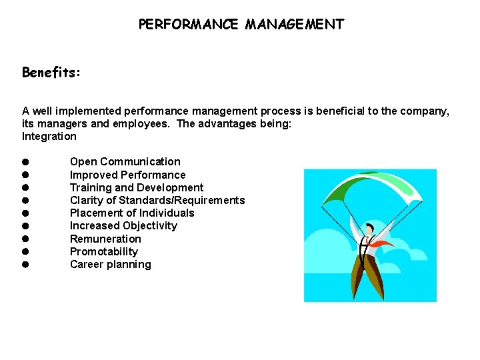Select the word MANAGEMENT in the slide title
tap(295, 25)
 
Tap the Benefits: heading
tap(51, 72)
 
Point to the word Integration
tap(49, 137)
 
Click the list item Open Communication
tap(125, 162)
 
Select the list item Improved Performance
tap(128, 175)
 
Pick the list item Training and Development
tap(137, 188)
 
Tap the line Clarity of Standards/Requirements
tap(157, 201)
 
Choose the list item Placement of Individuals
tap(132, 213)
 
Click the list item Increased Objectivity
tap(123, 226)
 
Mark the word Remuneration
tap(105, 239)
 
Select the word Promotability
tap(104, 252)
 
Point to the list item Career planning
tap(111, 265)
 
